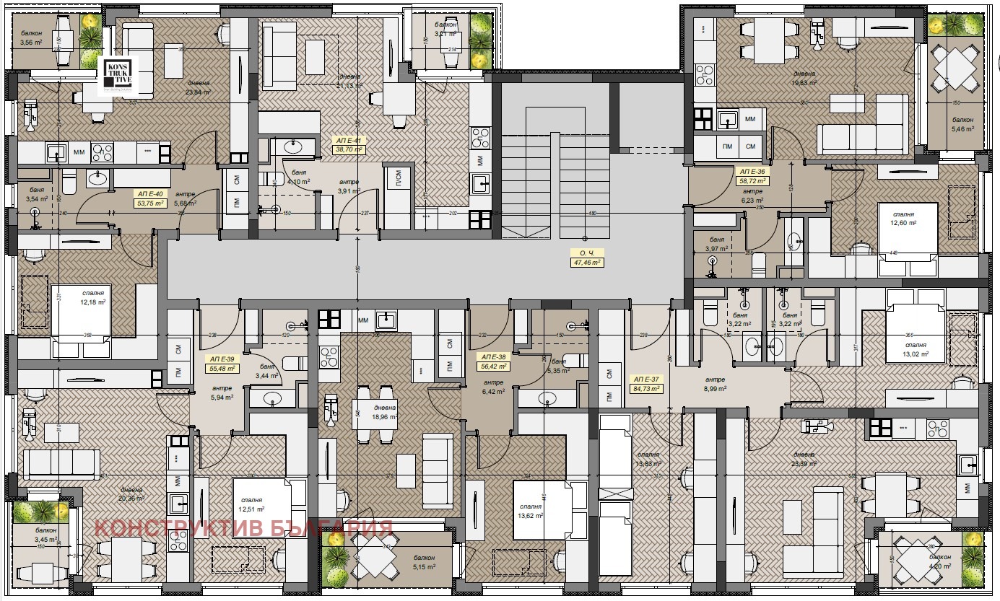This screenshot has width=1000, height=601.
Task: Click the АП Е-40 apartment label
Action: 151,198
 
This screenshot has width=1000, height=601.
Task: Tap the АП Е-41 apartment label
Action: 347,144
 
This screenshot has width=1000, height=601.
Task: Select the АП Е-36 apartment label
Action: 751,176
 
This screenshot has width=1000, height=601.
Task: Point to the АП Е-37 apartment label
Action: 646,383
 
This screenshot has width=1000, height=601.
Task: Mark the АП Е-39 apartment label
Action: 222,363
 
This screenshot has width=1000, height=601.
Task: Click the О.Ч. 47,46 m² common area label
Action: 586,258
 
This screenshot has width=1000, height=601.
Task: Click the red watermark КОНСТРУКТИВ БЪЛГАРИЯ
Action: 243,527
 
